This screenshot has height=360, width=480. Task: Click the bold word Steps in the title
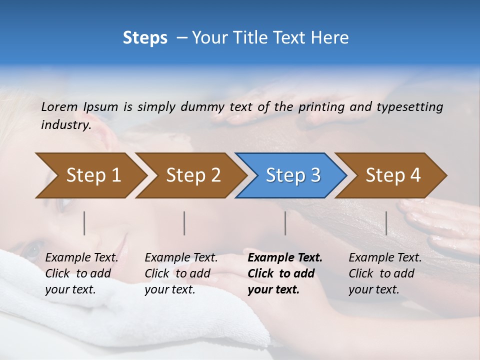point(145,38)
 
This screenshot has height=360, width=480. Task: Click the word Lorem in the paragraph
point(59,106)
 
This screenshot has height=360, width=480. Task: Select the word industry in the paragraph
point(65,125)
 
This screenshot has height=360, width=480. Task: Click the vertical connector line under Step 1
point(84,223)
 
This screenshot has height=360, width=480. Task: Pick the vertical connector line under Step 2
point(184,223)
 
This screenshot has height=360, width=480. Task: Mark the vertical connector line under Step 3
point(285,223)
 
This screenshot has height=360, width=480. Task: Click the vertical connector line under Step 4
point(386,223)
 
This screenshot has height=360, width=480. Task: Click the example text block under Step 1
point(81,273)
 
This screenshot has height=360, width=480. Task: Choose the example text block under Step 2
point(181,273)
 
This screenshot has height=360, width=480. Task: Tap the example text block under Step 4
point(385,273)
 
